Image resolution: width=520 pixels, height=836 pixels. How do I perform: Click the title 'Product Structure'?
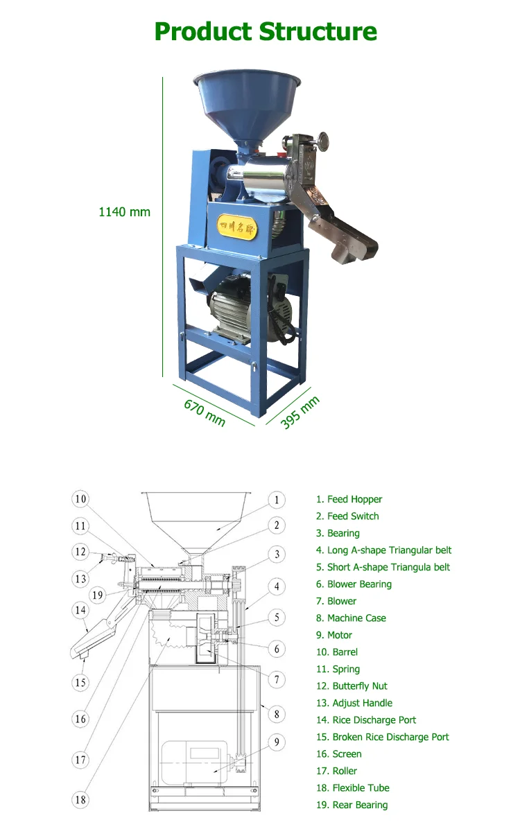(x=266, y=32)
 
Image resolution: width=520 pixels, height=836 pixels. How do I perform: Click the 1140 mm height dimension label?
(x=124, y=211)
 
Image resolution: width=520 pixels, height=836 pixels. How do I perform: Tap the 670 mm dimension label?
(x=205, y=412)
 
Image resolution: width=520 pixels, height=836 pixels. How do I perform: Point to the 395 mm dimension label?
(x=300, y=412)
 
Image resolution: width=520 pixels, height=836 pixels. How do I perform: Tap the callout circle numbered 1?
(x=276, y=500)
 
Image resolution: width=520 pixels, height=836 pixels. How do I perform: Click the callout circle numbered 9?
(x=276, y=742)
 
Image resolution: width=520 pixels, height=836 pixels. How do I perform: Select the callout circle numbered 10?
(x=80, y=499)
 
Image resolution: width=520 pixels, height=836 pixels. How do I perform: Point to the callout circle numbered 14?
(x=80, y=611)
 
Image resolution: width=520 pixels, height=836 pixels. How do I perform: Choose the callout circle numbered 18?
(x=80, y=799)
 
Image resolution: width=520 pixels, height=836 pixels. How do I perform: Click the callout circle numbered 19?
(x=98, y=594)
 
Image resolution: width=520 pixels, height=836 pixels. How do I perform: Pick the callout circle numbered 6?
(x=276, y=649)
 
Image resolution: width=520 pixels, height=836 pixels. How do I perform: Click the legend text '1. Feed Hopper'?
(x=349, y=499)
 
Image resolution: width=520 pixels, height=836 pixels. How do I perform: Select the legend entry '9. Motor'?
(x=334, y=635)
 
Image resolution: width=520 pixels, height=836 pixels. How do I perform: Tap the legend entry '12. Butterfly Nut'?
(x=352, y=686)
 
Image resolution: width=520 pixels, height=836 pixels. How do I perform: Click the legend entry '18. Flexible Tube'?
(x=352, y=788)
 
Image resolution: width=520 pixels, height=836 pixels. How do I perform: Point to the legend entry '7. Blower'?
(x=336, y=601)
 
